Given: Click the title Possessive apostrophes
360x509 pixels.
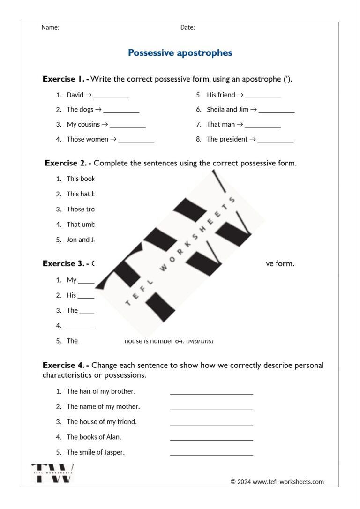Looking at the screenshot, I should pyautogui.click(x=180, y=53).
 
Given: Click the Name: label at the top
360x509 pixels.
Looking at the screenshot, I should pyautogui.click(x=50, y=27).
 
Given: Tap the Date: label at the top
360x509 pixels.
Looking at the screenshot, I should pyautogui.click(x=187, y=27).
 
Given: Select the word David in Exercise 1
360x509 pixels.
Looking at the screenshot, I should pyautogui.click(x=75, y=95).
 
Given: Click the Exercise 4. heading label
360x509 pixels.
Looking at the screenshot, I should pyautogui.click(x=65, y=365).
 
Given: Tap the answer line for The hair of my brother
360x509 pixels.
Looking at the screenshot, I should pyautogui.click(x=211, y=393).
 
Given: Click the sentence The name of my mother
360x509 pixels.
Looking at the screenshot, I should pyautogui.click(x=103, y=406).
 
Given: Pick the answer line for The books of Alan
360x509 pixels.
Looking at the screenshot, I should pyautogui.click(x=211, y=439).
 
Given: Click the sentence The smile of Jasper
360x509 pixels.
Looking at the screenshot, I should pyautogui.click(x=96, y=452).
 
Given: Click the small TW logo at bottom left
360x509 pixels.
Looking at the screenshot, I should pyautogui.click(x=52, y=473).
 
